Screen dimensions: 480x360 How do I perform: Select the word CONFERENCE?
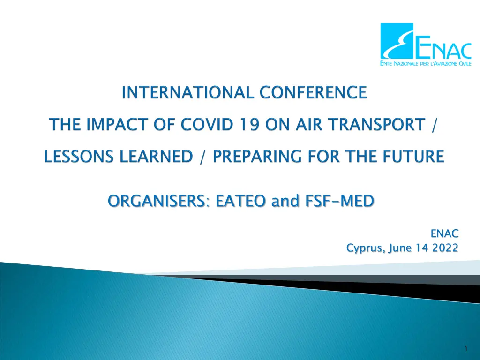pyautogui.click(x=313, y=92)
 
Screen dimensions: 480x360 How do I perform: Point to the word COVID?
pyautogui.click(x=207, y=124)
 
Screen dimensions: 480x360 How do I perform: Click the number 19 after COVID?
pyautogui.click(x=249, y=124)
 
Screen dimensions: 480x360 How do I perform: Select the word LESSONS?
pyautogui.click(x=79, y=157)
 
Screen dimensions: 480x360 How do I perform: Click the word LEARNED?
pyautogui.click(x=156, y=157)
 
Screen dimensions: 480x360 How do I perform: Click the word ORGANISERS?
pyautogui.click(x=158, y=201)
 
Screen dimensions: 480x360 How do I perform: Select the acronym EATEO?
pyautogui.click(x=240, y=201)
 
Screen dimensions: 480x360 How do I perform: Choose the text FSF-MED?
pyautogui.click(x=339, y=201)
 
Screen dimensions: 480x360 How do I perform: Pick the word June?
pyautogui.click(x=399, y=247)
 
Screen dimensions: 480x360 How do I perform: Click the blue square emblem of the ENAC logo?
pyautogui.click(x=397, y=41)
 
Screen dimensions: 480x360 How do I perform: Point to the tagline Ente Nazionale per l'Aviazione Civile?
pyautogui.click(x=426, y=63)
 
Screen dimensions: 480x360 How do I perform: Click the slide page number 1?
pyautogui.click(x=466, y=349)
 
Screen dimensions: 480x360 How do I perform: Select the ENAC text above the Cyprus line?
pyautogui.click(x=444, y=233)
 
